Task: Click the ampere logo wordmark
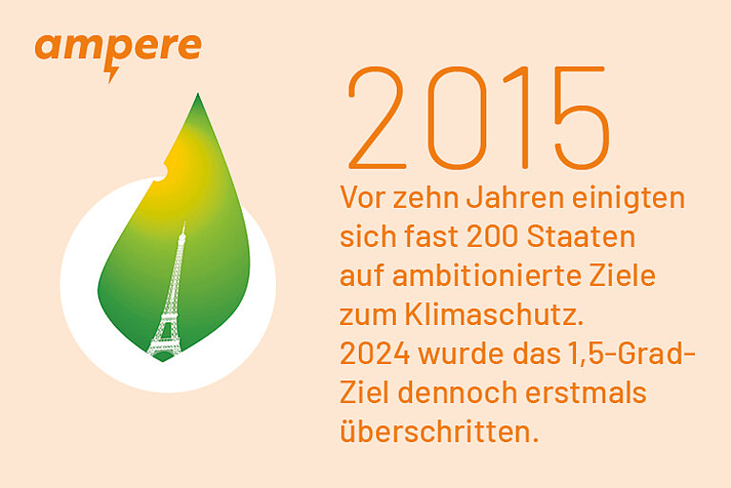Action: pos(118,47)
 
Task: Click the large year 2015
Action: pos(479,117)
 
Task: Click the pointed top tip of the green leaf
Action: pos(198,93)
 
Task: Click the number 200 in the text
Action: pos(492,236)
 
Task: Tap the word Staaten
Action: pos(581,236)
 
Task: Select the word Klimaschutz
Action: pos(494,315)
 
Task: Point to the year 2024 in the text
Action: pos(374,354)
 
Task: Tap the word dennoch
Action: pos(457,393)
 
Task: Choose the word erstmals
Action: pos(586,393)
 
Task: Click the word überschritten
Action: pos(439,432)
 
